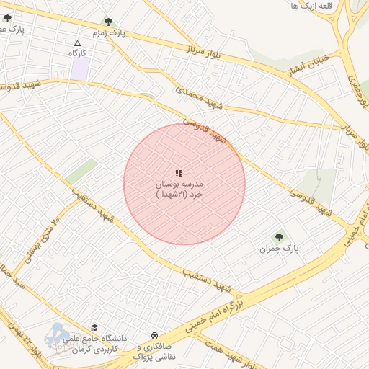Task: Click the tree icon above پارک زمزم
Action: point(109,22)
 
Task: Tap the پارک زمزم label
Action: point(109,33)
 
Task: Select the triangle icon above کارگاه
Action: point(77,43)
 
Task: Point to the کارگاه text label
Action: point(77,53)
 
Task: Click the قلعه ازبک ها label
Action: point(314,6)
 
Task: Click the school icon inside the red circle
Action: point(179,173)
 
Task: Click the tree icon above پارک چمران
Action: point(279,236)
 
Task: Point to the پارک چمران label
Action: point(279,249)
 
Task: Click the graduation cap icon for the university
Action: point(95,327)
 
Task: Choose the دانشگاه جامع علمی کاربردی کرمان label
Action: point(94,343)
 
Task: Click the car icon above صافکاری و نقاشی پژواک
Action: point(155,335)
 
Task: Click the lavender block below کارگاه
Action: point(80,68)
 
